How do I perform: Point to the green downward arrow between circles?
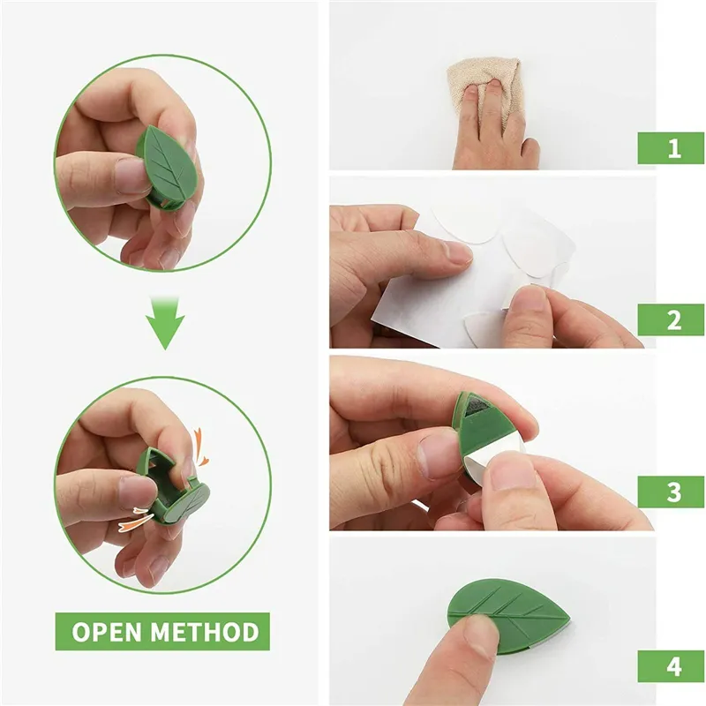pos(165,323)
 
